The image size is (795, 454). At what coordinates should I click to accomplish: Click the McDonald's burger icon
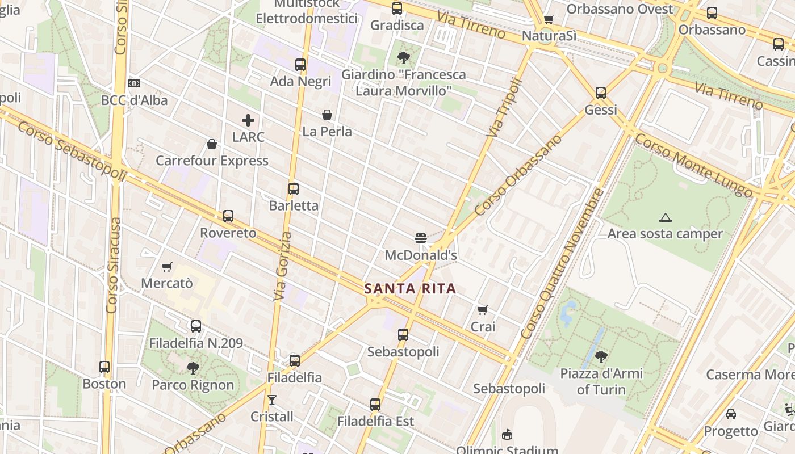click(x=421, y=238)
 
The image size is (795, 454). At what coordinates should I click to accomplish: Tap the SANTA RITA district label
click(x=411, y=288)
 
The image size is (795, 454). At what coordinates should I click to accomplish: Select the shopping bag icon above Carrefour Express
click(x=212, y=144)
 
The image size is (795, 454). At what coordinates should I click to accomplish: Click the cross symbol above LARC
click(x=248, y=120)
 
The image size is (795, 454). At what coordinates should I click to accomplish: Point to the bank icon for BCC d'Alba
click(x=134, y=83)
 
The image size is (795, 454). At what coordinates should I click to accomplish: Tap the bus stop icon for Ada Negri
click(x=300, y=65)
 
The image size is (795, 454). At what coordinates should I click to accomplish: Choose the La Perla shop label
click(x=327, y=132)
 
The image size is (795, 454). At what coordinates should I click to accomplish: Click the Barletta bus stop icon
click(x=294, y=189)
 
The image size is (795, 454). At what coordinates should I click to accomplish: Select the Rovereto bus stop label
click(x=228, y=233)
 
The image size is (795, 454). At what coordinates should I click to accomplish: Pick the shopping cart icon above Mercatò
click(x=167, y=267)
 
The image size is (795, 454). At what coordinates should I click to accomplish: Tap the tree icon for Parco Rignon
click(x=193, y=368)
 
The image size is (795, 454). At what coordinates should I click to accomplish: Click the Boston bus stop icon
click(x=104, y=367)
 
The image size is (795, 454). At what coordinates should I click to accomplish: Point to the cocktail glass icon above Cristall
click(x=272, y=400)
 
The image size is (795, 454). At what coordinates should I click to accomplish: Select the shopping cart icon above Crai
click(x=483, y=310)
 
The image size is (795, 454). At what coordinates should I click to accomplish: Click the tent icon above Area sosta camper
click(x=665, y=217)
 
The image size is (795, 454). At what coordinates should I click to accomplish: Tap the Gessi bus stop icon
click(x=601, y=93)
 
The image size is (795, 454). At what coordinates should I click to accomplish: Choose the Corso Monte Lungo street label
click(x=693, y=165)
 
